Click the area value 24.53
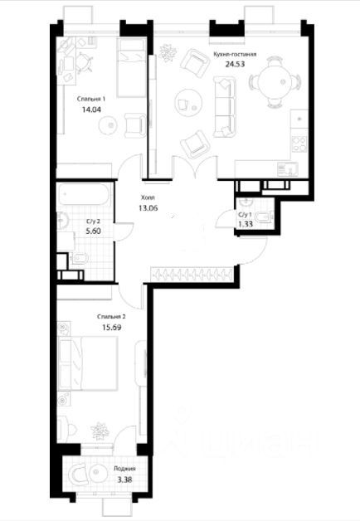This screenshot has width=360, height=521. [235, 64]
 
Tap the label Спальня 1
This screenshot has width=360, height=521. [91, 99]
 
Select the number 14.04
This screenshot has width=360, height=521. [91, 110]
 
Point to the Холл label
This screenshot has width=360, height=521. [148, 197]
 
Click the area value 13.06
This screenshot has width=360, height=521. [148, 208]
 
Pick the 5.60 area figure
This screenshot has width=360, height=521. [93, 231]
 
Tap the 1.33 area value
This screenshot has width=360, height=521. [246, 224]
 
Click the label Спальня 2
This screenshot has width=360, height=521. [111, 317]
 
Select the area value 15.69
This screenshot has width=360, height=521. [111, 328]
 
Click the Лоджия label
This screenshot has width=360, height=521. [124, 469]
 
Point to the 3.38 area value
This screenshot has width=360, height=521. [124, 480]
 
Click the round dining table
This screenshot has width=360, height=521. [275, 82]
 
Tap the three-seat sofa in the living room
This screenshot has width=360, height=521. [225, 106]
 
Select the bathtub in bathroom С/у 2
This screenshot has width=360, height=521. [84, 194]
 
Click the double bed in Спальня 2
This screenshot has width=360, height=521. [88, 363]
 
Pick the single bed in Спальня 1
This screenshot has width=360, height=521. [131, 67]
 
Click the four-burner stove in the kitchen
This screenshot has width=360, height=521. [299, 144]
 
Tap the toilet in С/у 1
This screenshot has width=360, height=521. [265, 217]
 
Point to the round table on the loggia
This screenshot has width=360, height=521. [98, 473]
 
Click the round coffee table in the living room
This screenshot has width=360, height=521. [188, 102]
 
